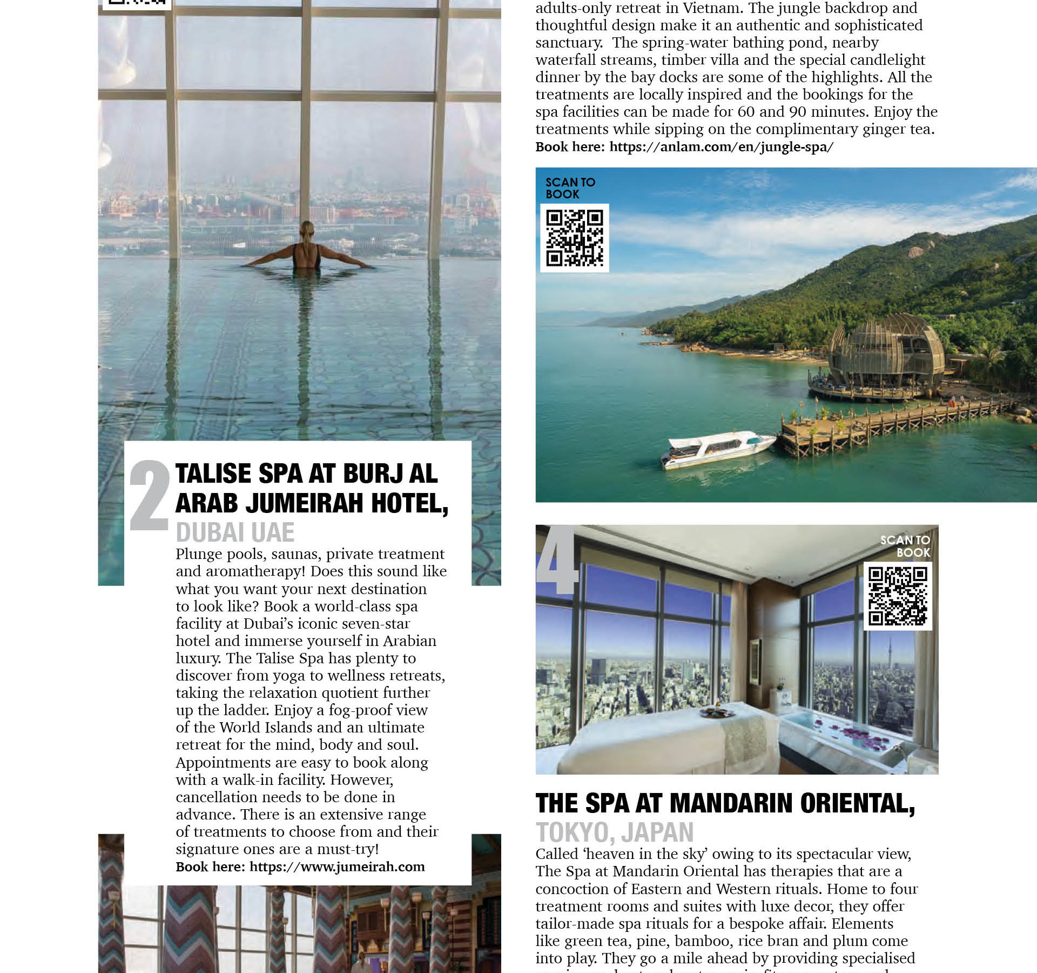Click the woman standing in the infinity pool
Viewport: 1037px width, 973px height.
pyautogui.click(x=307, y=248)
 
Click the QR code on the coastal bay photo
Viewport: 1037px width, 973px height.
pyautogui.click(x=574, y=238)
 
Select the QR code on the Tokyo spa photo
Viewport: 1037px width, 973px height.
pyautogui.click(x=898, y=596)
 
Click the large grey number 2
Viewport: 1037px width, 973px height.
pyautogui.click(x=150, y=496)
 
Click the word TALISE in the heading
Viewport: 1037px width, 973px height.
pyautogui.click(x=213, y=474)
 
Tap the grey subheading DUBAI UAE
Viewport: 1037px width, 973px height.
pyautogui.click(x=235, y=532)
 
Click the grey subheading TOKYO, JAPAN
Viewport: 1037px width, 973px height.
pyautogui.click(x=614, y=833)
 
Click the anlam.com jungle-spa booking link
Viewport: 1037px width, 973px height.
pyautogui.click(x=721, y=147)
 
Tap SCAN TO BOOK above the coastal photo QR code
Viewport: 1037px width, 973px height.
pyautogui.click(x=570, y=188)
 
